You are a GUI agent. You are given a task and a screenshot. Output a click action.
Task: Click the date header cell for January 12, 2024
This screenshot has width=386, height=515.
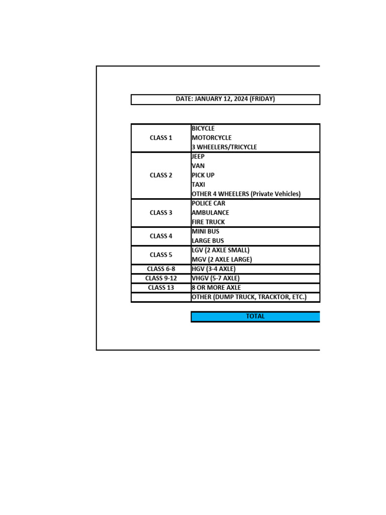225,99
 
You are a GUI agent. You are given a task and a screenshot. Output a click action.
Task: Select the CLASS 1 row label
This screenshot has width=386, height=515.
161,138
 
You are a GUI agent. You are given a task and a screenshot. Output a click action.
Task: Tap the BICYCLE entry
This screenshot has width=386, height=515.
203,128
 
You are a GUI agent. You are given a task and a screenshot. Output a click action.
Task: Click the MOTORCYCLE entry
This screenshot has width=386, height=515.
212,138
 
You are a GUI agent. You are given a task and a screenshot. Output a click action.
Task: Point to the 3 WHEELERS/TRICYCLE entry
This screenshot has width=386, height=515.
224,147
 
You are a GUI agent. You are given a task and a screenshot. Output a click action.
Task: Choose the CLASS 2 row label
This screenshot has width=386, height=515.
161,176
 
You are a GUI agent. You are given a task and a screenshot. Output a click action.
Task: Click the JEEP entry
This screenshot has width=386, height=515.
198,156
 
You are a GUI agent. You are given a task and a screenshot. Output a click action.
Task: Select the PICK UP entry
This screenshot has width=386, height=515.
203,176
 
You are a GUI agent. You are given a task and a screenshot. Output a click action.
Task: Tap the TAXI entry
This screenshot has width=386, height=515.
199,185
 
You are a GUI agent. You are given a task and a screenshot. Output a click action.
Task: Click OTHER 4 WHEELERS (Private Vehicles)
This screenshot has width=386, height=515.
246,194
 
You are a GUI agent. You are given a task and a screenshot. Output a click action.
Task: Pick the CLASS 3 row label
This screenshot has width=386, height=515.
161,213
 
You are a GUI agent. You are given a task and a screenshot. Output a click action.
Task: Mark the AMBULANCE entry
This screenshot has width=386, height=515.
210,213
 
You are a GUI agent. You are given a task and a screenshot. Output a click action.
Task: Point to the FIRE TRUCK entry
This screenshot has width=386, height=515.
208,222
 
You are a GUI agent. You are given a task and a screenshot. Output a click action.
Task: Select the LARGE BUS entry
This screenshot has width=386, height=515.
208,241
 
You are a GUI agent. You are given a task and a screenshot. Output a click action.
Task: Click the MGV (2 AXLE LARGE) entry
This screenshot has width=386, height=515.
222,260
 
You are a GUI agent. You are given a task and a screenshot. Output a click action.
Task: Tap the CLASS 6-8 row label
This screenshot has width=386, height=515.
161,269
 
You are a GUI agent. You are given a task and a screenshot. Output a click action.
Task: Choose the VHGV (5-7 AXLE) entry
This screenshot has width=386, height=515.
216,278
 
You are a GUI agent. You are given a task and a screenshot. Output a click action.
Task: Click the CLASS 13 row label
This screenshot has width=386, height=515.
161,288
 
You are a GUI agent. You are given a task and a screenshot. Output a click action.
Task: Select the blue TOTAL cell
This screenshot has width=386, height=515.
255,316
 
